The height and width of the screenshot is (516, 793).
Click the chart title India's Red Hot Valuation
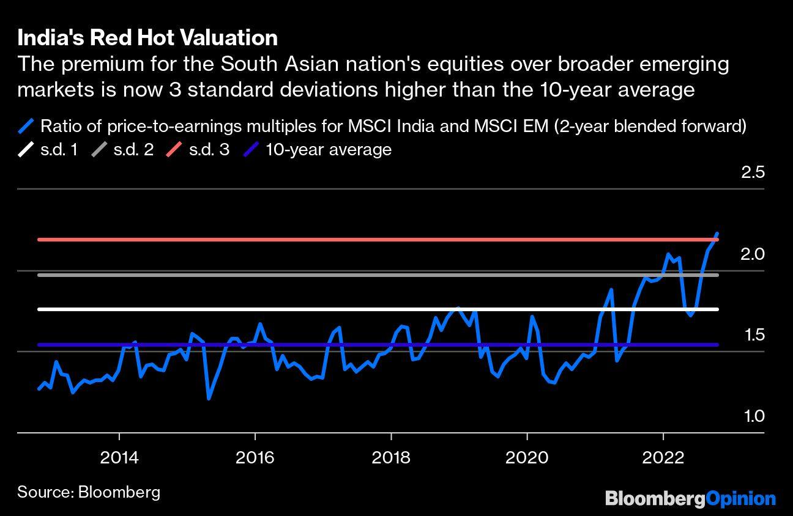[147, 38]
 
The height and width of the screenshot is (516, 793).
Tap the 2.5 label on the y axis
[753, 172]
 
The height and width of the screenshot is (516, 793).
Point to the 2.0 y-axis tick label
[753, 254]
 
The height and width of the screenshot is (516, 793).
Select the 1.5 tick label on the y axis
[753, 335]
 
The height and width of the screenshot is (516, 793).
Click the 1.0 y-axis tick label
[753, 416]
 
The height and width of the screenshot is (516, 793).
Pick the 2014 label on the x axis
[120, 458]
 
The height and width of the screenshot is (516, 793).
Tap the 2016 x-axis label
[255, 458]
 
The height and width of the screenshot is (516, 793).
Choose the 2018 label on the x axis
[391, 458]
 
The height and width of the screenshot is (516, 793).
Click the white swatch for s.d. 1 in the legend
[26, 150]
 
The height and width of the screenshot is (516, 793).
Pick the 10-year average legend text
[328, 150]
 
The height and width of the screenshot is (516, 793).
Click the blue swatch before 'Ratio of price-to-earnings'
[26, 127]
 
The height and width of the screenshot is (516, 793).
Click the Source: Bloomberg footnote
[89, 492]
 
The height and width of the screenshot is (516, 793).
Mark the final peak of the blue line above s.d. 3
[717, 233]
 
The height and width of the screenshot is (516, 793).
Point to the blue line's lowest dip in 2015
[209, 399]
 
